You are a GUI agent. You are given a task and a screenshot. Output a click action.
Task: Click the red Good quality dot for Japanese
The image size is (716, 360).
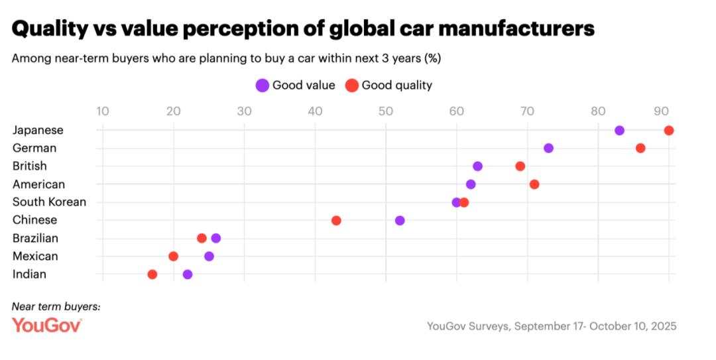pos(669,130)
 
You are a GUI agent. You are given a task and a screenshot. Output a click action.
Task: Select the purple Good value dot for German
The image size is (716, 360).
pos(548,148)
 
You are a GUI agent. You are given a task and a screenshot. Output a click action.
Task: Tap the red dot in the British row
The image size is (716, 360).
pos(520,166)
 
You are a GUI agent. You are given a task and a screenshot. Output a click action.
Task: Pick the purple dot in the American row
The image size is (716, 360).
pos(471,184)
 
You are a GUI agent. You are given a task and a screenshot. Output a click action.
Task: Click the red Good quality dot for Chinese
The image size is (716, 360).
pos(336,220)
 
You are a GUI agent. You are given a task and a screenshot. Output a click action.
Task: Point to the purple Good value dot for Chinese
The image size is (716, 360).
pos(400,220)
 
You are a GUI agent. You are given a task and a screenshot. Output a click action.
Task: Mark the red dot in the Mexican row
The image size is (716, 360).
pos(174,256)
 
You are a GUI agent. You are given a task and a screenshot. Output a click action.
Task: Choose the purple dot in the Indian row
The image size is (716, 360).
pos(188,274)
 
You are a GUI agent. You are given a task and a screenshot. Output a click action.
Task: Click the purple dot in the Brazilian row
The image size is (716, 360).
pos(216,238)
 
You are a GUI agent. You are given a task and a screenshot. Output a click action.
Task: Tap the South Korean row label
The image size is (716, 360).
pos(49,202)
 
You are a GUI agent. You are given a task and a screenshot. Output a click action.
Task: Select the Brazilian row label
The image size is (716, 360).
pos(35,238)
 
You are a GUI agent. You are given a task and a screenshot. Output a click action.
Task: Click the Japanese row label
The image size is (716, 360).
pos(38,130)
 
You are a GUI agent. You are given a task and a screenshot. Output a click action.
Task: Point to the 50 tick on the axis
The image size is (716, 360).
pos(385,111)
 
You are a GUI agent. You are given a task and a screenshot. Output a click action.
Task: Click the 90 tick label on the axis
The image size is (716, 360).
pos(661,111)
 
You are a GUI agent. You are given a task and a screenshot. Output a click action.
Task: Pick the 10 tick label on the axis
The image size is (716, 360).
pos(102,111)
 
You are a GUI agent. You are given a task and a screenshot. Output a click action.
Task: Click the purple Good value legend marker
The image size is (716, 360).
pos(263,85)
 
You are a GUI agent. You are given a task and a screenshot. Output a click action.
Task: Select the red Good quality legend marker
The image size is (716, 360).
pos(352,85)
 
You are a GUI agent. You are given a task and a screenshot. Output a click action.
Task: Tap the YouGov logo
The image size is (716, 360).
pos(46,325)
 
